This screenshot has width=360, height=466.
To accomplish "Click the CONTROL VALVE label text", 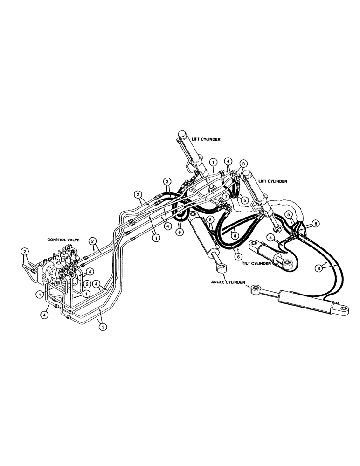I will click(63, 239).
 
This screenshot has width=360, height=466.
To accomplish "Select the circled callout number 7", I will click(225, 197).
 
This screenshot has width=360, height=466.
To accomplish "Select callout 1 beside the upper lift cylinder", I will click(212, 162).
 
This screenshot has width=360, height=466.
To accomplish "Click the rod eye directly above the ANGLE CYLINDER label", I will click(221, 268).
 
